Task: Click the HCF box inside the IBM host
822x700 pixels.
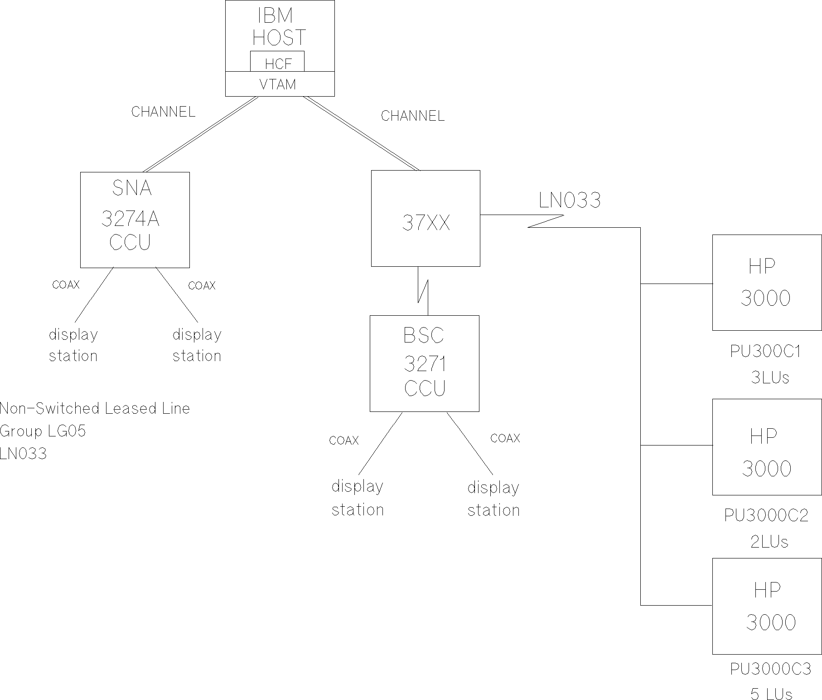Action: [277, 62]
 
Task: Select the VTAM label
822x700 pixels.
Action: [278, 84]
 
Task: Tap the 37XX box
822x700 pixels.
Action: [426, 218]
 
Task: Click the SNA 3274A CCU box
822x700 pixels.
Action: [135, 220]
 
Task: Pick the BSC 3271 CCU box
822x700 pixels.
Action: [424, 363]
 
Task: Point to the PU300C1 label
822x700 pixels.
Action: [765, 352]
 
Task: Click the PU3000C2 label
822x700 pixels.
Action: [766, 516]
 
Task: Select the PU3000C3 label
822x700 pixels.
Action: [770, 669]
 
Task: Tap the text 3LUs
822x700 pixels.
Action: [769, 377]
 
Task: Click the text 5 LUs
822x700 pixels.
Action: [771, 694]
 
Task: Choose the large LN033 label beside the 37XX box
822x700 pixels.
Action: [569, 200]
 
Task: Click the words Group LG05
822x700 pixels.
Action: [43, 431]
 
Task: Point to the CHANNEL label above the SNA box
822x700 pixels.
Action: [163, 112]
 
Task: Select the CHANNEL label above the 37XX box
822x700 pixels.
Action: [412, 116]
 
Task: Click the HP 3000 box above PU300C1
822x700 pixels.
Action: [767, 282]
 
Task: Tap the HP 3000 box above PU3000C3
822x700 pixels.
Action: [767, 606]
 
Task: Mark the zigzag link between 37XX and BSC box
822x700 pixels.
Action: [423, 291]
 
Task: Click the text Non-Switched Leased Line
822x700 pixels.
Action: [95, 408]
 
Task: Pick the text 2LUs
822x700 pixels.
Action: [769, 542]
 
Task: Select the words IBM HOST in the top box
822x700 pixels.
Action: [279, 27]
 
